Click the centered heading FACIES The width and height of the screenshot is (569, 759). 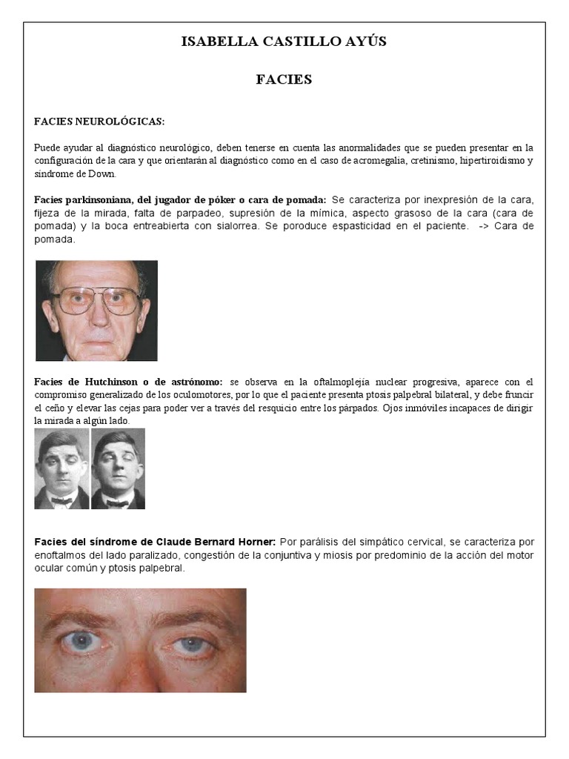coord(284,79)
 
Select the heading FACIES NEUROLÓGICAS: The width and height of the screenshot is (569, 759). coord(99,121)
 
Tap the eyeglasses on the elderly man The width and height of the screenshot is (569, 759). coord(96,299)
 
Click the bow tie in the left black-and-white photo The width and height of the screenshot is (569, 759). coord(61,500)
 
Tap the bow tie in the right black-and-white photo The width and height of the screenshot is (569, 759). coord(117,502)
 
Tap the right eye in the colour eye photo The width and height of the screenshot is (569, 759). coord(192,643)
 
